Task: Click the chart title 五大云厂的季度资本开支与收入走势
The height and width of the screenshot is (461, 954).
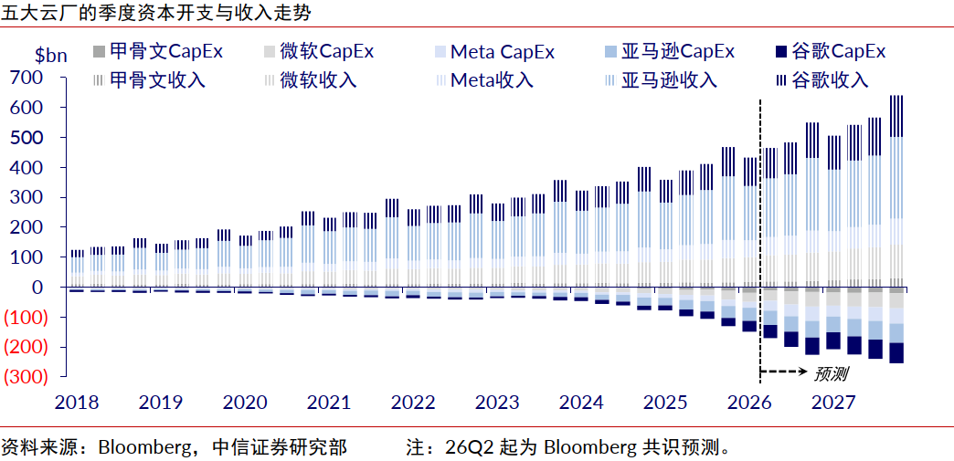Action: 155,14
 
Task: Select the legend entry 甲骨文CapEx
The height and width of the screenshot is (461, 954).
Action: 158,51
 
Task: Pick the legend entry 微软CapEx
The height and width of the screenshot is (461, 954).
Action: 320,51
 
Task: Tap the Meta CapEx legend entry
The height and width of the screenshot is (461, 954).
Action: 495,51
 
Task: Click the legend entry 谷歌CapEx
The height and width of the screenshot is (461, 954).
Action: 832,51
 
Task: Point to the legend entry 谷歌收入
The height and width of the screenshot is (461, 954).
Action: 822,79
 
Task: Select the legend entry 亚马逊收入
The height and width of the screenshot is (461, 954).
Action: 662,79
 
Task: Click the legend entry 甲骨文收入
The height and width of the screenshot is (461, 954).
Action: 150,79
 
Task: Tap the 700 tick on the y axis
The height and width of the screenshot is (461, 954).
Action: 25,78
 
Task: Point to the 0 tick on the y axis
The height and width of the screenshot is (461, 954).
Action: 37,287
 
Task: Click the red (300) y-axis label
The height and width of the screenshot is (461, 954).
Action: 25,377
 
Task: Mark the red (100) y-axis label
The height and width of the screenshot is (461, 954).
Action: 25,317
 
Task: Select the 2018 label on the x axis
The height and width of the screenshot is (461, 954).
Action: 77,403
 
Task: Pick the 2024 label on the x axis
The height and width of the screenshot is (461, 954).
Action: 581,403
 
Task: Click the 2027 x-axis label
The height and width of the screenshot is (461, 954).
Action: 833,403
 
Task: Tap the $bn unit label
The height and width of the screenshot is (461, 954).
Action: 51,56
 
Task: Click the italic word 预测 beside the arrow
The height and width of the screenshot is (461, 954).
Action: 831,373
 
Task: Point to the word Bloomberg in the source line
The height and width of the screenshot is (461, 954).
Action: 140,448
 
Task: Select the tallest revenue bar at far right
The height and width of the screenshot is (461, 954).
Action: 896,191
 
